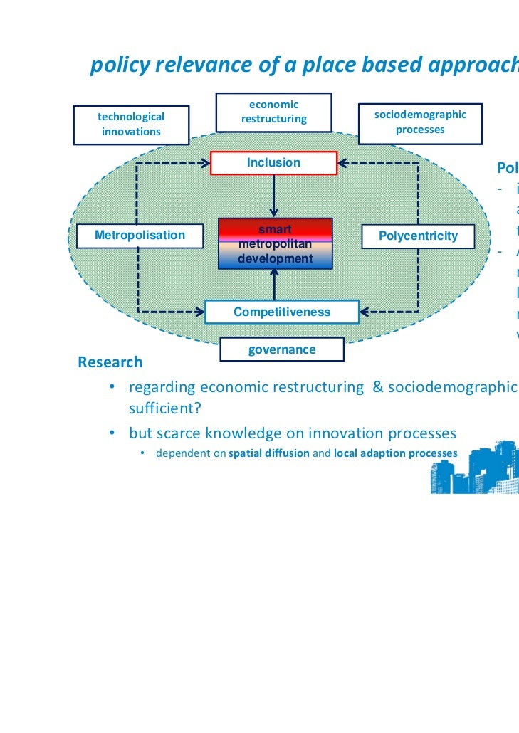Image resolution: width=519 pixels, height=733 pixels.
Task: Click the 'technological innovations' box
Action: (x=131, y=124)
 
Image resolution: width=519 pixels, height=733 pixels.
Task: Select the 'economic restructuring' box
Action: (x=273, y=112)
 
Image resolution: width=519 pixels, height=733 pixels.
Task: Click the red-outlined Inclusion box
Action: (x=273, y=163)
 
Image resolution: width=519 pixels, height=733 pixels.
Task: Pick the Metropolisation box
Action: (x=140, y=236)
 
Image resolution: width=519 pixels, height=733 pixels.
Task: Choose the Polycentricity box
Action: (x=418, y=236)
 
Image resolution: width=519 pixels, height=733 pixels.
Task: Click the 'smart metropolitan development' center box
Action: (x=275, y=244)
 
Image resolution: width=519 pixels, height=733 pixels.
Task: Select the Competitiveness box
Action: (x=282, y=312)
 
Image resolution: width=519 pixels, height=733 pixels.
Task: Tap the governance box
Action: (x=281, y=349)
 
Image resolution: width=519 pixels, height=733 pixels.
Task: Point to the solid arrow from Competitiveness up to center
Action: (x=274, y=286)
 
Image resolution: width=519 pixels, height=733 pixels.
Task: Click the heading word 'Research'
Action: (x=110, y=362)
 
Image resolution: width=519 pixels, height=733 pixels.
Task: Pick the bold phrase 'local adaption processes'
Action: (x=391, y=453)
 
